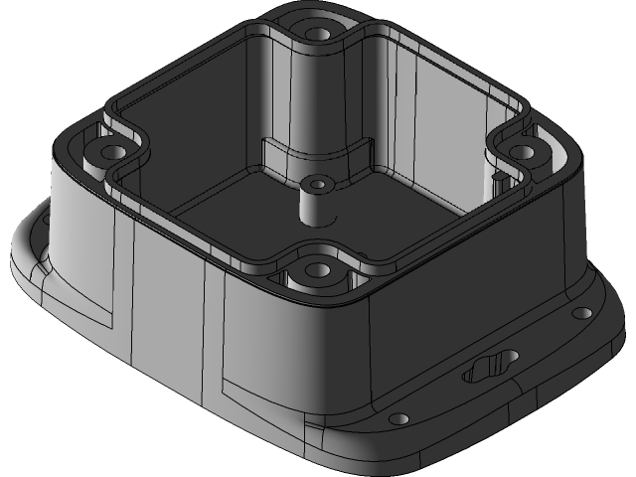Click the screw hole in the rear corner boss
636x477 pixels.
[x=318, y=33]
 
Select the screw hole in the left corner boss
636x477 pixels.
[x=109, y=153]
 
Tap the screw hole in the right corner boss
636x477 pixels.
[x=522, y=151]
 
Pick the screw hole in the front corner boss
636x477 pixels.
[x=317, y=268]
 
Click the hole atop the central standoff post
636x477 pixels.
[x=317, y=183]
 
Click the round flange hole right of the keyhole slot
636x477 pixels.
[x=581, y=314]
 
